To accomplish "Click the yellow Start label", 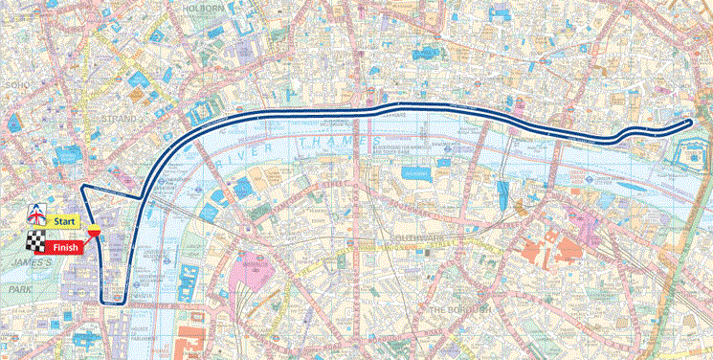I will click(64, 221).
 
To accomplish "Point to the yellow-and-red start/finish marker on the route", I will click(94, 231).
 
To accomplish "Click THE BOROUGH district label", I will click(460, 311).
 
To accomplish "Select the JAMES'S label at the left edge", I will click(19, 261).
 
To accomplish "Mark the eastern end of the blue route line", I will click(691, 123).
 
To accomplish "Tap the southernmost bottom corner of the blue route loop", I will click(113, 304).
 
